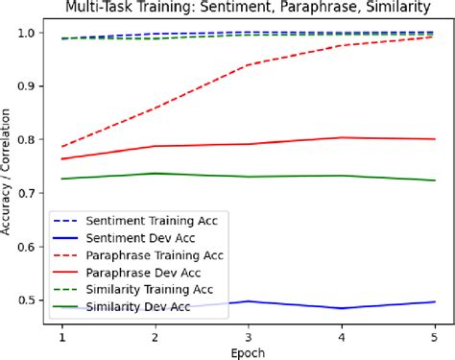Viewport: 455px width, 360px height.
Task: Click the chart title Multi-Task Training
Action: tap(247, 9)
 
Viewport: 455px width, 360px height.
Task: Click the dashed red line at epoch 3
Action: tap(249, 65)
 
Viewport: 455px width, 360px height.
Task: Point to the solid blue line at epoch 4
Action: tap(342, 308)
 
